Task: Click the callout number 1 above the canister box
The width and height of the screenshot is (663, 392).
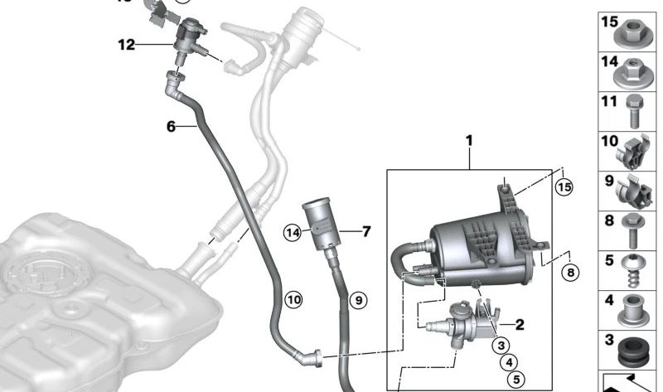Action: pyautogui.click(x=468, y=142)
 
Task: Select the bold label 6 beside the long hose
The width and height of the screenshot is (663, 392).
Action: pyautogui.click(x=171, y=126)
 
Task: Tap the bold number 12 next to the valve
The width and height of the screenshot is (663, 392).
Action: pyautogui.click(x=126, y=45)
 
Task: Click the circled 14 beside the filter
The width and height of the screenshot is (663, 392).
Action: pyautogui.click(x=293, y=235)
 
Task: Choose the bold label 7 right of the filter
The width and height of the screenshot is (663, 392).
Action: pyautogui.click(x=365, y=231)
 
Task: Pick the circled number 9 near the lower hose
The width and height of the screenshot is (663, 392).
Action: pyautogui.click(x=357, y=300)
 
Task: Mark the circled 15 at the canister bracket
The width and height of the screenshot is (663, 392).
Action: pyautogui.click(x=564, y=187)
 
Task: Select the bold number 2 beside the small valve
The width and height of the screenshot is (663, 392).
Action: pyautogui.click(x=520, y=326)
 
